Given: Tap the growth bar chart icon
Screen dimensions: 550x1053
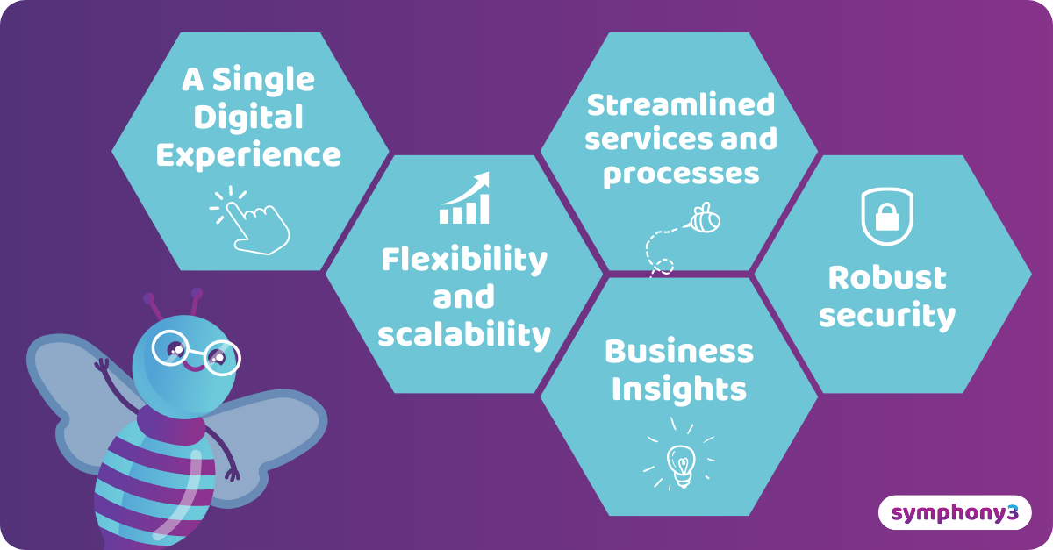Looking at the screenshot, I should point(464,199).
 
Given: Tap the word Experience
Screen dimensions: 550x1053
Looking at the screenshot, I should point(248,155).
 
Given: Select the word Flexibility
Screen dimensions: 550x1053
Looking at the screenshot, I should point(463,260).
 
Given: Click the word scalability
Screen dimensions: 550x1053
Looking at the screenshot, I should point(463,334).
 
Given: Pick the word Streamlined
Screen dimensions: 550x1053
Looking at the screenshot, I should point(681,104).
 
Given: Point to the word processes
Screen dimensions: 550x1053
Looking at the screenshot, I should point(681,174).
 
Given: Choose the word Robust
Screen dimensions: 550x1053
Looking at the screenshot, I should point(887,278).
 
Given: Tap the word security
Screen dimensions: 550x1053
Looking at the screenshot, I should point(887,316).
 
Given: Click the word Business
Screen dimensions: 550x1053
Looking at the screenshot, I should point(678,352).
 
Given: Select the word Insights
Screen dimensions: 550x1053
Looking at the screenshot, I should point(678,389).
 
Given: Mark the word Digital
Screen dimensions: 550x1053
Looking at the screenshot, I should point(248,118).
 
